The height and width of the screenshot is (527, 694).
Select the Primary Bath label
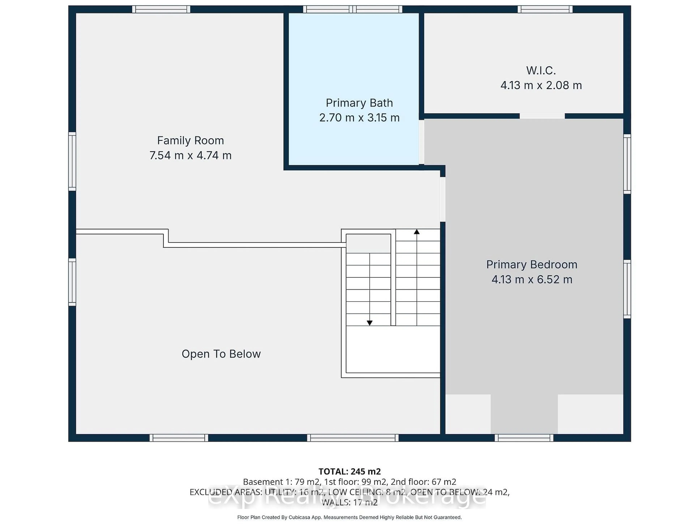pos(359,103)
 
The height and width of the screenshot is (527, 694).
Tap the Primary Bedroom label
pos(532,265)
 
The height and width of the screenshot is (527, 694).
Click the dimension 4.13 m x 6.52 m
pos(532,279)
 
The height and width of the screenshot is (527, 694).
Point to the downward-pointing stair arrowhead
pos(370,323)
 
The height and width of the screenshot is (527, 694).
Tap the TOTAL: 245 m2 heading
pos(350,471)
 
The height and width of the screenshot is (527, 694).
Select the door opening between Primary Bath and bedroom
pos(422,142)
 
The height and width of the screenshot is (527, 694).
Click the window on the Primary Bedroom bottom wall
pos(524,438)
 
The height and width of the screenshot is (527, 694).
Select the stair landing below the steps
pos(393,349)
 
